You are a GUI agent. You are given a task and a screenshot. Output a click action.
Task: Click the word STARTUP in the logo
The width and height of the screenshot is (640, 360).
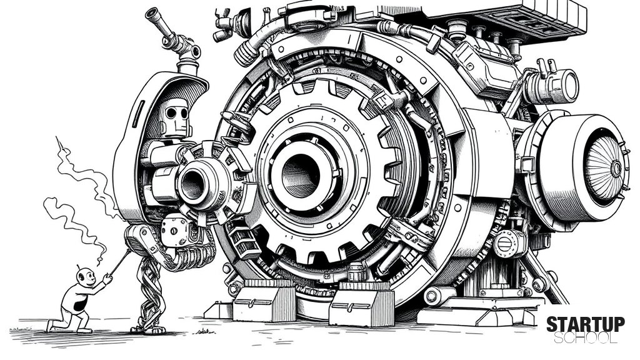coord(585,324)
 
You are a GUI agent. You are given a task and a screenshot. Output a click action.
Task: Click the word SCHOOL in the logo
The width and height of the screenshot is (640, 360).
coord(585,337)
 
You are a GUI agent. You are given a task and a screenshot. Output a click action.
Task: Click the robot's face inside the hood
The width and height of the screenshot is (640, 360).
coord(176,116)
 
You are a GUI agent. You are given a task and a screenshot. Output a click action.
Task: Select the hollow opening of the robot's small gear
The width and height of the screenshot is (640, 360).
coord(192,184)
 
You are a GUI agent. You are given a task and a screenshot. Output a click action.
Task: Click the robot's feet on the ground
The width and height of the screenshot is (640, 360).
coord(147,329)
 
